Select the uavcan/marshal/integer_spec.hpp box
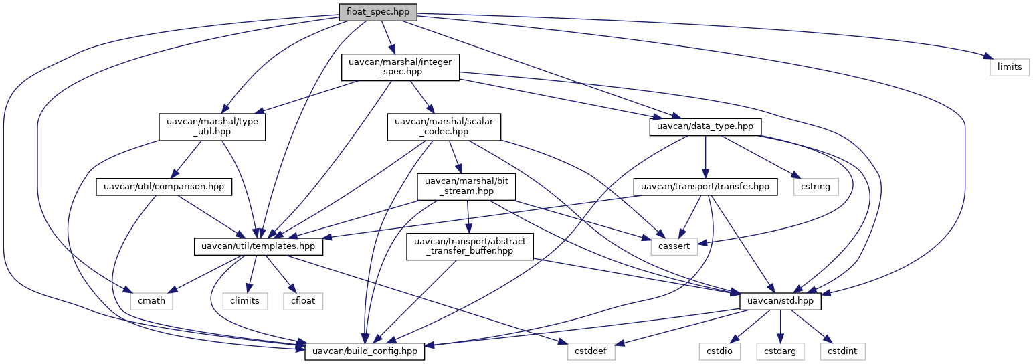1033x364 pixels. [x=400, y=68]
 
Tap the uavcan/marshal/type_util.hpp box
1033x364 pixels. [x=212, y=126]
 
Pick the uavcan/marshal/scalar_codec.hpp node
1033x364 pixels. [x=444, y=126]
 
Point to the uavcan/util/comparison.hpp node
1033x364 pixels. [x=164, y=186]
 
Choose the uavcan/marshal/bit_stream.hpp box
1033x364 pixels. [x=466, y=186]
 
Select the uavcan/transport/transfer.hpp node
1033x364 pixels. [x=706, y=186]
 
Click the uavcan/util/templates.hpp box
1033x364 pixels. [x=259, y=247]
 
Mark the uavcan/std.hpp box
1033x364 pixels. [x=781, y=301]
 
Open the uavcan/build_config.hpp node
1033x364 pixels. [x=365, y=350]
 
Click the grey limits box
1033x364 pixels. [x=1009, y=68]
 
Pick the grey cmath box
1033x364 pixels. [x=154, y=301]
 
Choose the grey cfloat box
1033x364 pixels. [x=304, y=301]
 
